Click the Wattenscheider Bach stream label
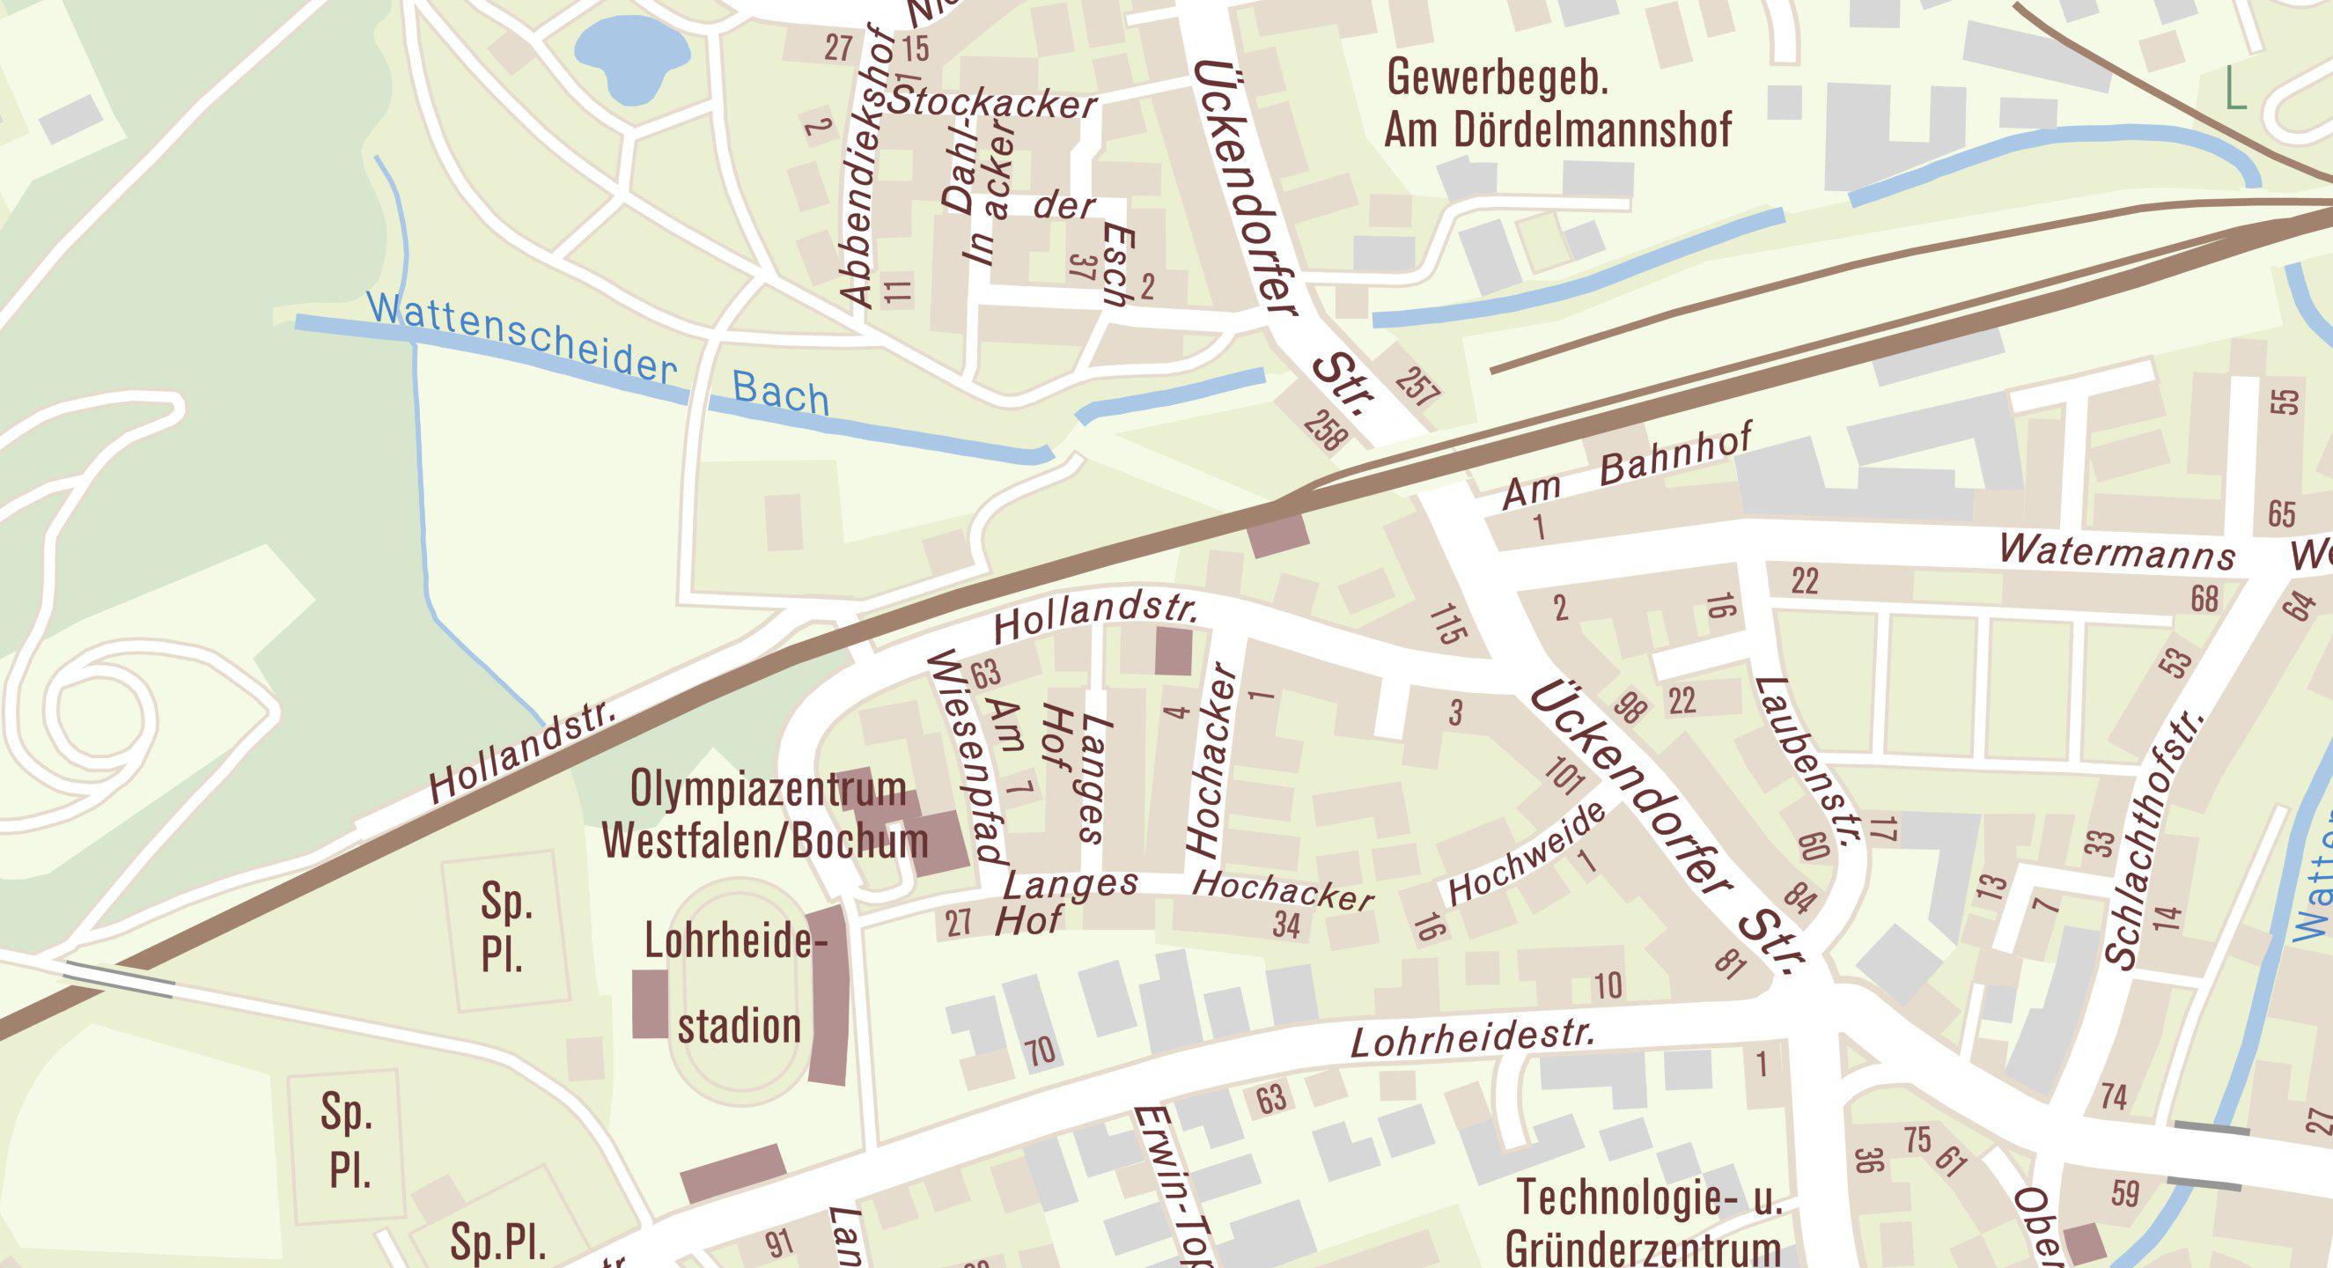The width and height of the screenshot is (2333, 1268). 598,359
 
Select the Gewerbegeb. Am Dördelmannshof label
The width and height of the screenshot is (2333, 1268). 1557,104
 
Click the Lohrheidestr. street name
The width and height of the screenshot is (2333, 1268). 1472,1040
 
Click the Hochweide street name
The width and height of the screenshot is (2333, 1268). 1526,853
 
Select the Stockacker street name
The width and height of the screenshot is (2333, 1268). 992,102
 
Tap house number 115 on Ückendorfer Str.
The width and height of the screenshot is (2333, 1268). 1448,624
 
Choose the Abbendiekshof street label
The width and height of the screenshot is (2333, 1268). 868,167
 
